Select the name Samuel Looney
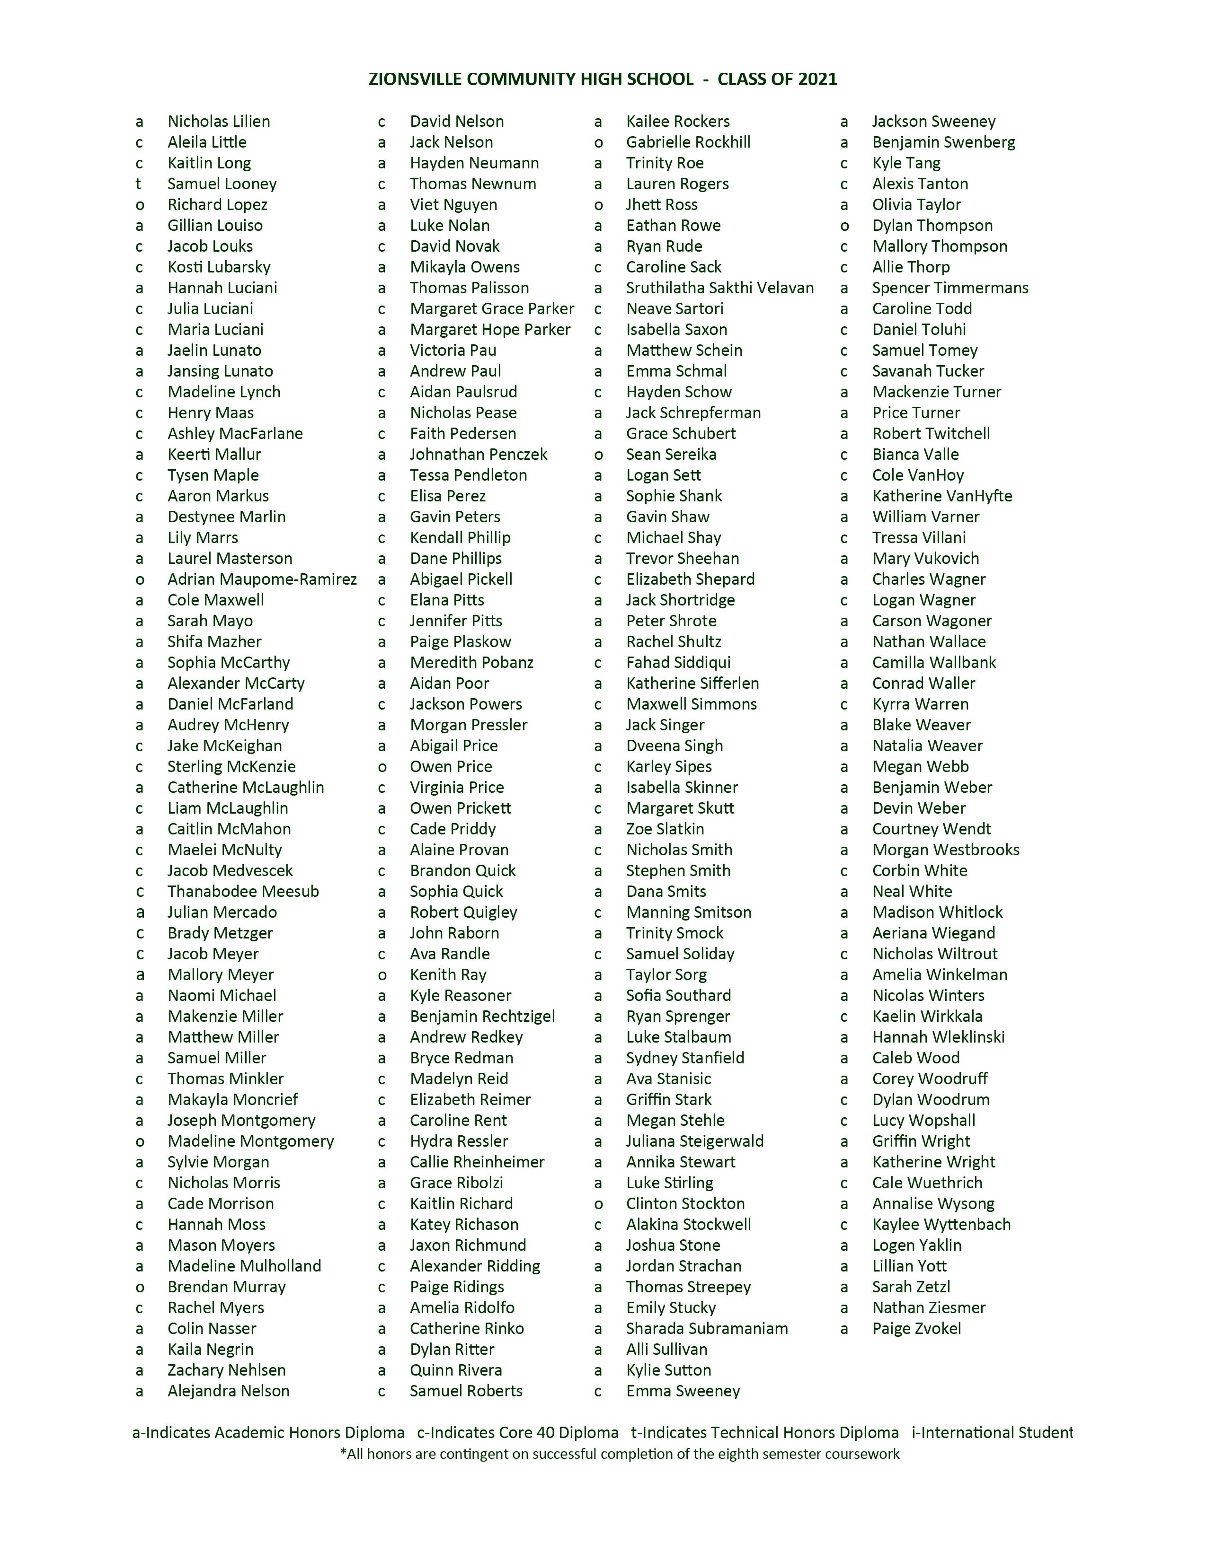click(222, 184)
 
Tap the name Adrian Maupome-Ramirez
click(262, 579)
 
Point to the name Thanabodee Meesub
click(243, 891)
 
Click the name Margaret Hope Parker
click(490, 330)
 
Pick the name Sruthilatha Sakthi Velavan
click(719, 288)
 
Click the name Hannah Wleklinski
click(938, 1036)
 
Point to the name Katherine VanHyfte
click(942, 496)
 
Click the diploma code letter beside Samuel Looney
click(139, 184)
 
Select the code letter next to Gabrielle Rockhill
click(598, 142)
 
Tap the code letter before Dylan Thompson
click(844, 226)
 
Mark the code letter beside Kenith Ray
click(382, 975)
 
